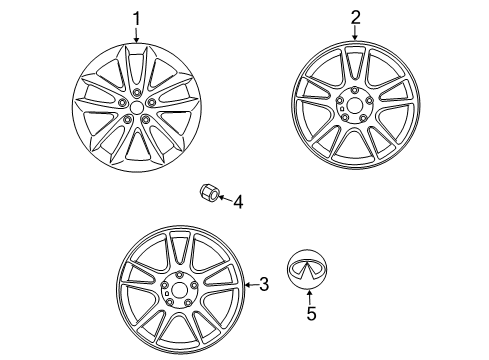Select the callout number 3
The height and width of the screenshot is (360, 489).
coord(263,286)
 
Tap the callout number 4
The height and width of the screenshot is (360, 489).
coord(237,203)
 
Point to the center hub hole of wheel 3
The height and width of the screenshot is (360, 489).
coord(179,289)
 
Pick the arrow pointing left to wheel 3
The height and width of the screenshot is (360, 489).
coord(250,286)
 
